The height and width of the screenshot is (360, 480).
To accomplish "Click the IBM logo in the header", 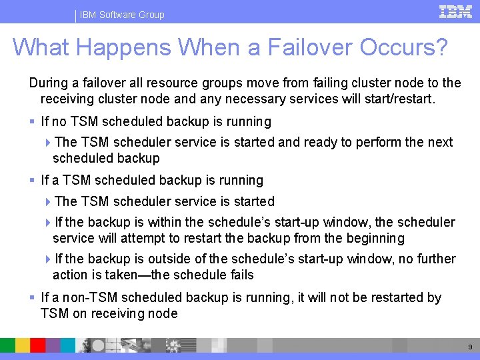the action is (455, 12).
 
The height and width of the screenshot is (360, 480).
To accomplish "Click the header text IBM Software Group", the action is (122, 15).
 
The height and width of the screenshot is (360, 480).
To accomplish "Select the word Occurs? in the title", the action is (403, 47).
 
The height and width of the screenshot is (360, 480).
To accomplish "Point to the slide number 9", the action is (470, 347).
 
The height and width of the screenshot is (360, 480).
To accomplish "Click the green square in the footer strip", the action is (7, 345).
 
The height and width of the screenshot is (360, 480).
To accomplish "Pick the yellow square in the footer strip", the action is (23, 345).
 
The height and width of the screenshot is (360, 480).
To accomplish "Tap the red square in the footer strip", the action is (37, 345).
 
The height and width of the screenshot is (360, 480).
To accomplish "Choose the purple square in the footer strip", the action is (53, 345).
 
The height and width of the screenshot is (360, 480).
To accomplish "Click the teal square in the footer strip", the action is (67, 345).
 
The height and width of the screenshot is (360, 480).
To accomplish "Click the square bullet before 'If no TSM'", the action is (32, 121).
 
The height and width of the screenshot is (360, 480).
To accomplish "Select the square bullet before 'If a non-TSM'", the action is (32, 297).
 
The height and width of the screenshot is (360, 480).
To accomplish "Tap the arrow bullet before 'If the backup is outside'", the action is (48, 259).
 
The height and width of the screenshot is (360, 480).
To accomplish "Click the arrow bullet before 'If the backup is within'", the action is (48, 223).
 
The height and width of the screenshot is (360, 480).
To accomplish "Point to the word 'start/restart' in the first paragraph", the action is (400, 99).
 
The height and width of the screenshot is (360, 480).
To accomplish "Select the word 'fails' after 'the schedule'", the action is (242, 275).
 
